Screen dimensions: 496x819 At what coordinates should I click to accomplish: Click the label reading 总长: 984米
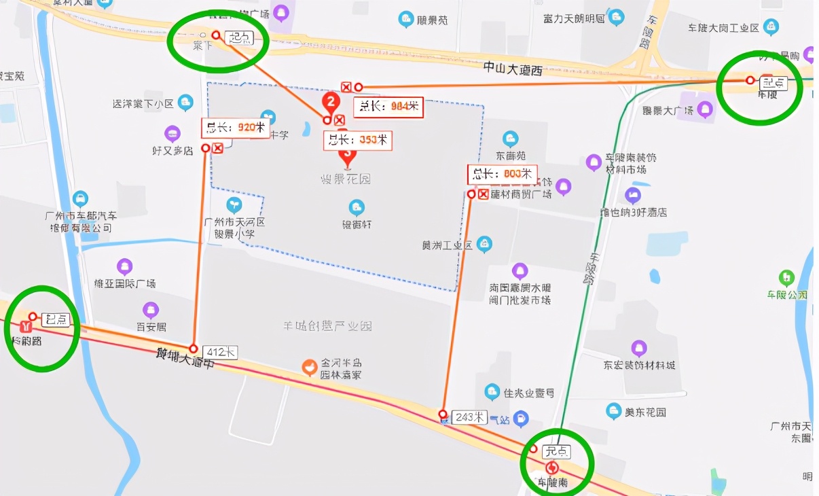pyautogui.click(x=389, y=107)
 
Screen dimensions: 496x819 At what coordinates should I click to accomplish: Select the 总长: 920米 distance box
pyautogui.click(x=236, y=127)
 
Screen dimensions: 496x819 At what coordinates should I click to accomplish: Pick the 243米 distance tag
pyautogui.click(x=470, y=417)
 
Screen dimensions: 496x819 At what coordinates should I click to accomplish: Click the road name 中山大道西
pyautogui.click(x=513, y=67)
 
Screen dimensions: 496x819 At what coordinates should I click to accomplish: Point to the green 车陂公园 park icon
pyautogui.click(x=786, y=277)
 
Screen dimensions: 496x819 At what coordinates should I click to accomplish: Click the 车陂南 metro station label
pyautogui.click(x=552, y=482)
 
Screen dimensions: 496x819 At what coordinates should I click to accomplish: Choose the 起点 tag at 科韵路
pyautogui.click(x=55, y=319)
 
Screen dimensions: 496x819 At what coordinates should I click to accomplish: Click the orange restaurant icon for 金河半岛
pyautogui.click(x=310, y=368)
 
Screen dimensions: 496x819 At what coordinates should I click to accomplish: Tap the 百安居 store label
pyautogui.click(x=151, y=327)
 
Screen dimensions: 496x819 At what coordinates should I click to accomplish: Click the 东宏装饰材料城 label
pyautogui.click(x=639, y=366)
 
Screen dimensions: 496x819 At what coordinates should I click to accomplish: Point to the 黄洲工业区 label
pyautogui.click(x=447, y=245)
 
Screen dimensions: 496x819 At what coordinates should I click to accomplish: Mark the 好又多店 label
pyautogui.click(x=172, y=150)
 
